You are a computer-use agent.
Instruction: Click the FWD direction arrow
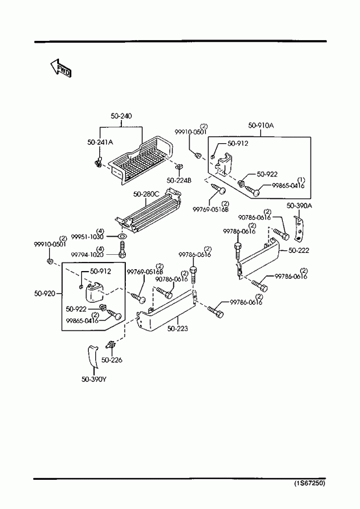pyautogui.click(x=60, y=69)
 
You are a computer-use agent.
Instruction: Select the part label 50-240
pyautogui.click(x=121, y=116)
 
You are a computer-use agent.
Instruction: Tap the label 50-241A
pyautogui.click(x=101, y=142)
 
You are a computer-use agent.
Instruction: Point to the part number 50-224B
pyautogui.click(x=179, y=180)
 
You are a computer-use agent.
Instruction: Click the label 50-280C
pyautogui.click(x=146, y=194)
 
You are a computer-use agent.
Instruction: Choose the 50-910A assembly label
pyautogui.click(x=261, y=125)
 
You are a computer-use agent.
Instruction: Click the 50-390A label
pyautogui.click(x=299, y=206)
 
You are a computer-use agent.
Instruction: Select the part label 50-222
pyautogui.click(x=298, y=250)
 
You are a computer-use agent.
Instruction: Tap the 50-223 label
pyautogui.click(x=178, y=329)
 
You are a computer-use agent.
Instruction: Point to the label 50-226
pyautogui.click(x=112, y=360)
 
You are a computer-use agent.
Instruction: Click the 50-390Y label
pyautogui.click(x=94, y=379)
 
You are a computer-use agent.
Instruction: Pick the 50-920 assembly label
pyautogui.click(x=45, y=294)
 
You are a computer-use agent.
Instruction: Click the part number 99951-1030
pyautogui.click(x=88, y=237)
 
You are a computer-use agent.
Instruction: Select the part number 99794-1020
pyautogui.click(x=88, y=254)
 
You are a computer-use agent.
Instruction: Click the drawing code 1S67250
pyautogui.click(x=309, y=483)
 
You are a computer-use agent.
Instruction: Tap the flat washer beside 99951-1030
pyautogui.click(x=122, y=235)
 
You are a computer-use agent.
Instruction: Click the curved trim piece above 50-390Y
pyautogui.click(x=93, y=357)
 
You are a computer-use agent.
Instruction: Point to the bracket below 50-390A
pyautogui.click(x=299, y=230)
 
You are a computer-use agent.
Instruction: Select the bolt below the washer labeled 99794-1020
pyautogui.click(x=123, y=250)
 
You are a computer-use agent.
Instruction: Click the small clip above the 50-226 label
pyautogui.click(x=111, y=345)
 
